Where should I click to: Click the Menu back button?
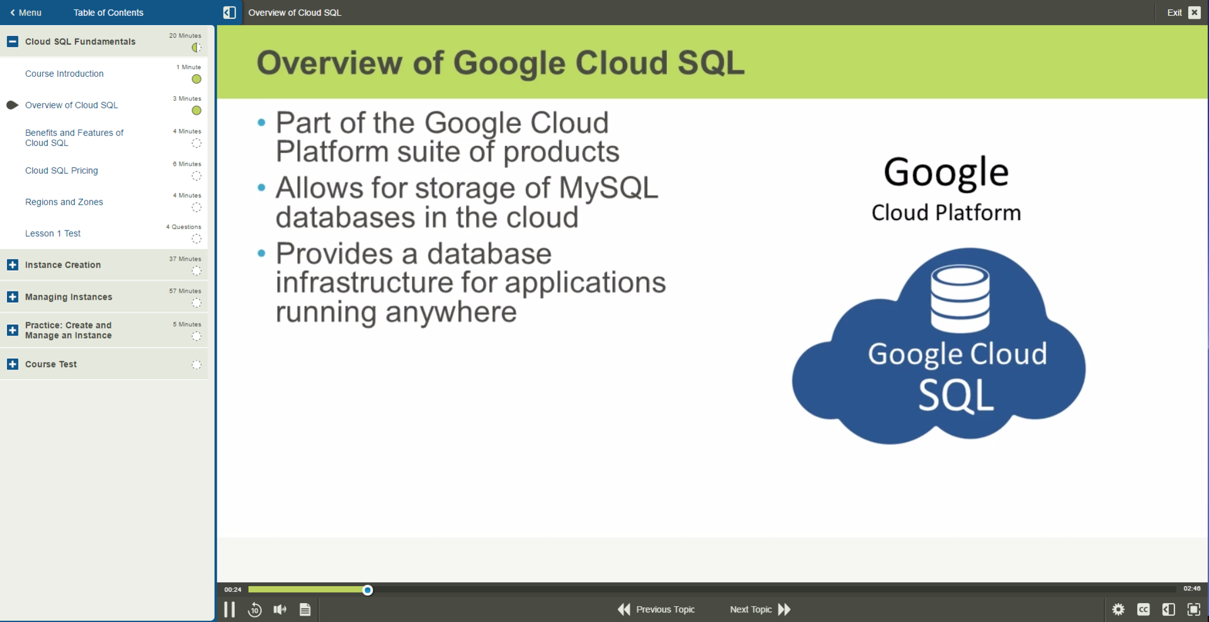tap(26, 13)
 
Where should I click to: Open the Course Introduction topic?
tap(64, 74)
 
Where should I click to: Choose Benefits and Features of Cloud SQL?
tap(74, 138)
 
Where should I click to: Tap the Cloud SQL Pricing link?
tap(62, 171)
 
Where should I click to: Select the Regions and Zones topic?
tap(64, 202)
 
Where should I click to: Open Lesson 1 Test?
tap(53, 234)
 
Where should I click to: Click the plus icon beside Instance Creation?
tap(13, 265)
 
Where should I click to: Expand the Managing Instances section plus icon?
tap(13, 297)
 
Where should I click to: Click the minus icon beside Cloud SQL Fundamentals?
tap(13, 42)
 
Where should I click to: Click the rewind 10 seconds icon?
tap(255, 609)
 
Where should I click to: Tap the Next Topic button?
tap(760, 609)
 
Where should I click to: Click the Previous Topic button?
tap(656, 609)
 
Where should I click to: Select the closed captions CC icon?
tap(1144, 609)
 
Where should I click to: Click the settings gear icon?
tap(1118, 609)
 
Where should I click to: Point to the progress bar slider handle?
tap(368, 590)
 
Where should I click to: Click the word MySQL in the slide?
tap(608, 188)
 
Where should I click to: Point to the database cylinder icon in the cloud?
tap(960, 298)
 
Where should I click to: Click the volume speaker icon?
tap(280, 609)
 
